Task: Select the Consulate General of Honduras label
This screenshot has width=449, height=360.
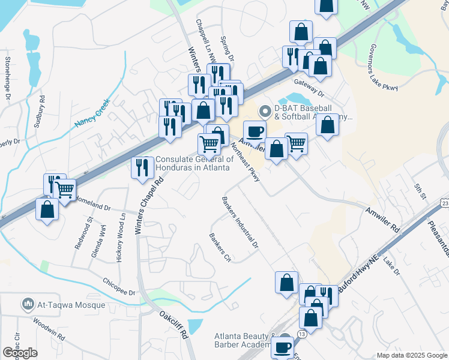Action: click(x=194, y=163)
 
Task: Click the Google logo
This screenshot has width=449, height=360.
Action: click(x=20, y=353)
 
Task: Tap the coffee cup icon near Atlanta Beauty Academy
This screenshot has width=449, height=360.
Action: click(x=282, y=347)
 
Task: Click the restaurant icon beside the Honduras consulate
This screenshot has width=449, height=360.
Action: click(x=142, y=167)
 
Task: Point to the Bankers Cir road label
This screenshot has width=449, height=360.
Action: click(x=220, y=248)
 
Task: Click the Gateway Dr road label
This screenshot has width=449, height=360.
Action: click(x=309, y=89)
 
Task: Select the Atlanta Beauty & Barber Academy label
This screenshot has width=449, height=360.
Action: click(x=244, y=340)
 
